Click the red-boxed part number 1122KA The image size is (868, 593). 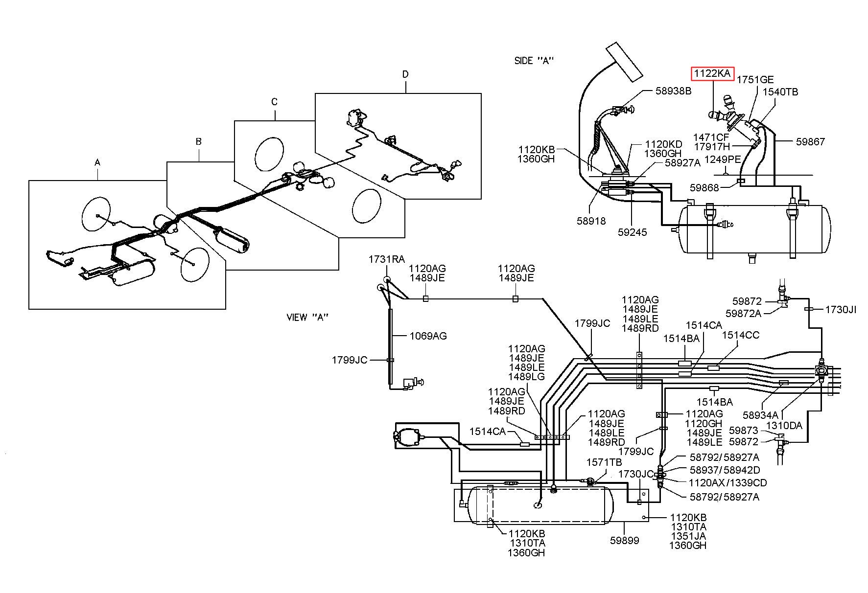(712, 74)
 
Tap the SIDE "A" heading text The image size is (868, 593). (534, 61)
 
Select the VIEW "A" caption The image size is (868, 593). (307, 317)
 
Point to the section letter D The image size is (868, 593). (405, 74)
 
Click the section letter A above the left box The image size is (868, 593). (97, 162)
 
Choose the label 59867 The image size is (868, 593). (810, 141)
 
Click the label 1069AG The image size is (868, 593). (428, 336)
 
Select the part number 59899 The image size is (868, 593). (625, 541)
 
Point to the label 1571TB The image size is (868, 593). (605, 462)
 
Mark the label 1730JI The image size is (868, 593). (841, 309)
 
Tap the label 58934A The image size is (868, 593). (760, 415)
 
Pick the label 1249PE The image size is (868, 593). (723, 160)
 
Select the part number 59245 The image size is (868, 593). (632, 232)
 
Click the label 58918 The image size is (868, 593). (591, 221)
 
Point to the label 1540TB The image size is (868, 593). (779, 91)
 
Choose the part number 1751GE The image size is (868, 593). (755, 79)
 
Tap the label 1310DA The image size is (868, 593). (784, 426)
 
